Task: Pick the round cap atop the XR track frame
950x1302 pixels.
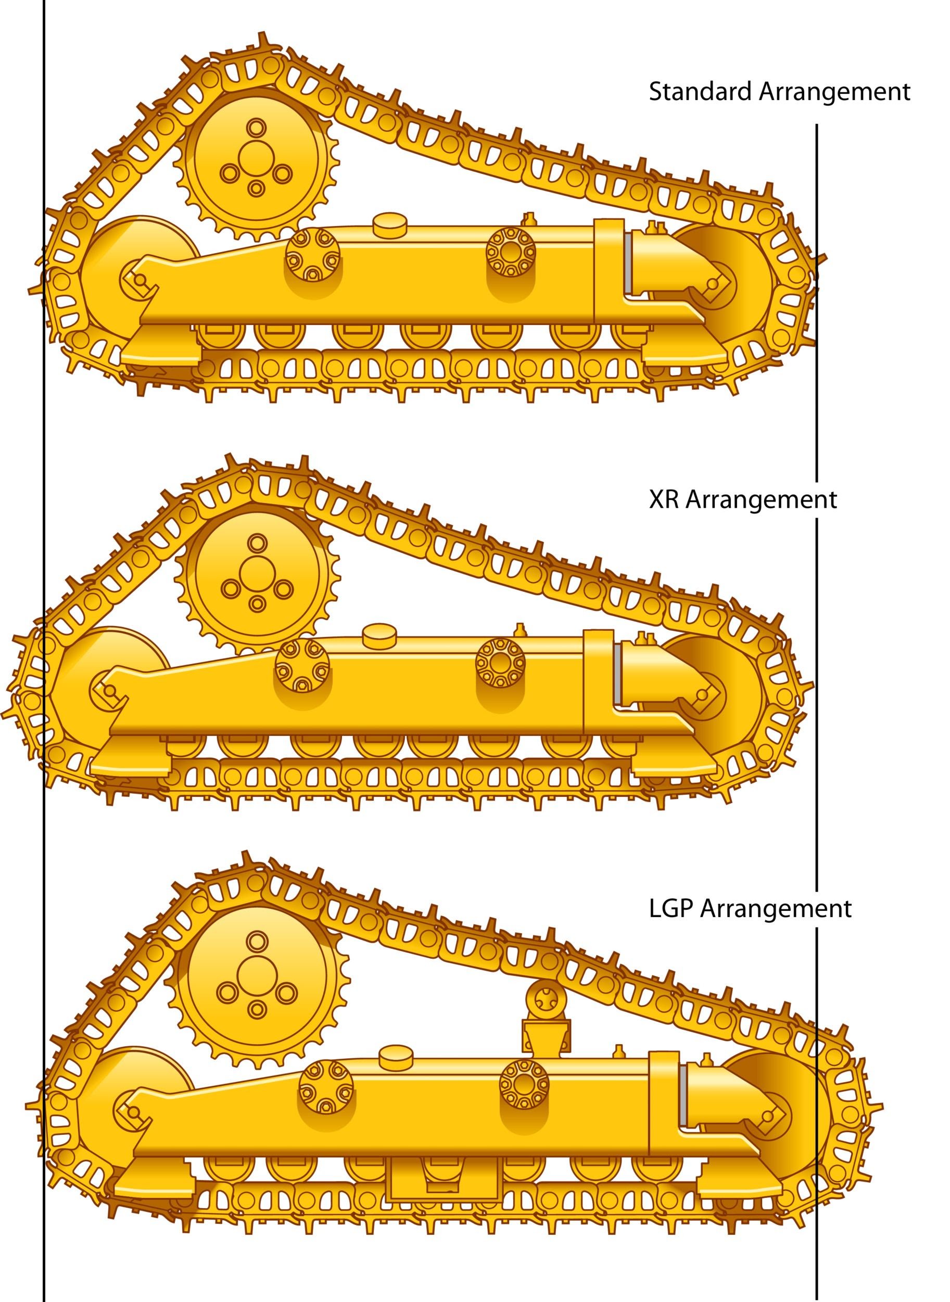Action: (379, 636)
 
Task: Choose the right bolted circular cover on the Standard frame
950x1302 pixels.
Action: (511, 252)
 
